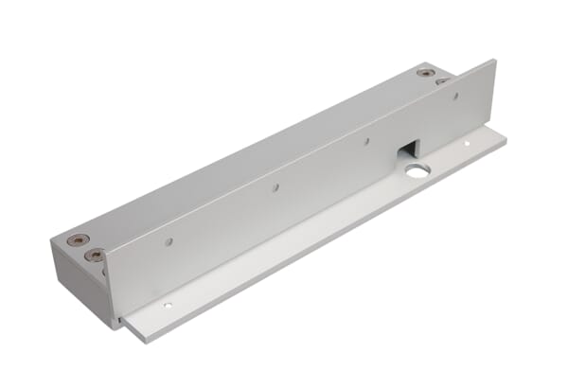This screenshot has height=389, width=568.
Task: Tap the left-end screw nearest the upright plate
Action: [95, 255]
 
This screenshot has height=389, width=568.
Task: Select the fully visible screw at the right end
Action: [426, 72]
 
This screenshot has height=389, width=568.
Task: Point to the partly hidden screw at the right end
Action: [442, 81]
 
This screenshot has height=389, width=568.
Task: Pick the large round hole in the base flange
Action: [417, 170]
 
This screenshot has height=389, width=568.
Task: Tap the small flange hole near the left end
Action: [168, 306]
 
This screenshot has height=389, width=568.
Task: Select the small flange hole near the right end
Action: [466, 143]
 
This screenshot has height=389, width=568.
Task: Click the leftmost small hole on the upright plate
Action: [169, 242]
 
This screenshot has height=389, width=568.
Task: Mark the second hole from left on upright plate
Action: [275, 188]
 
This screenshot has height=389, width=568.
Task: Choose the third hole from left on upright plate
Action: [367, 141]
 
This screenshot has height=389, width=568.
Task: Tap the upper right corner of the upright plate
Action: [494, 62]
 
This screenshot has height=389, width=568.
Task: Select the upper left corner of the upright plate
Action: [104, 249]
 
